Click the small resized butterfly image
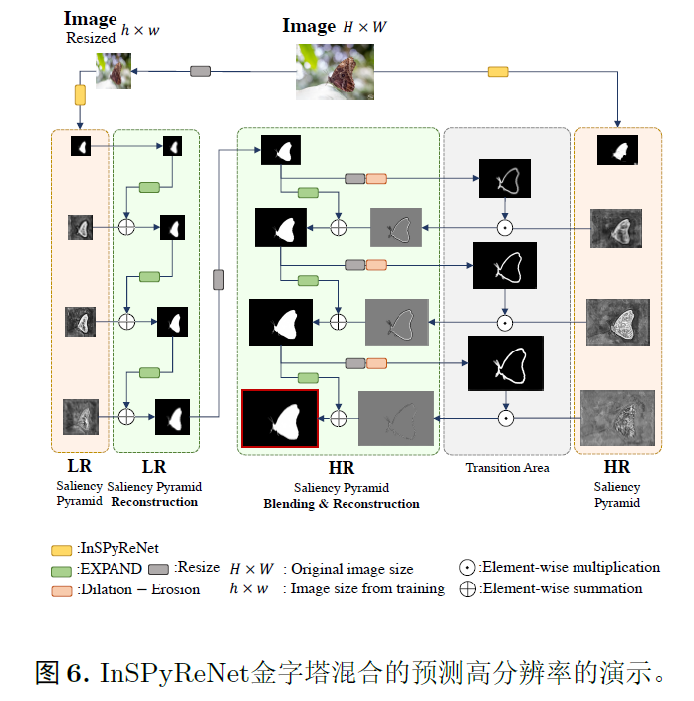click(114, 71)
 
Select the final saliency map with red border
click(280, 418)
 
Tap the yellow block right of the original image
click(497, 72)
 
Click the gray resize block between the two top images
click(201, 71)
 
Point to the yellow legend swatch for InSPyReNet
click(62, 548)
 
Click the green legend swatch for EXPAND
click(62, 569)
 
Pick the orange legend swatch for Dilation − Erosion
click(62, 590)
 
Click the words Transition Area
click(508, 467)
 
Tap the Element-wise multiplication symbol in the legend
click(466, 568)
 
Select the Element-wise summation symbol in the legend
click(466, 588)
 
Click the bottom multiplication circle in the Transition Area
click(505, 419)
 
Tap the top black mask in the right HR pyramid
click(617, 150)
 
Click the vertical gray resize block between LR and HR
click(219, 280)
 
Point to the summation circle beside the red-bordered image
click(339, 418)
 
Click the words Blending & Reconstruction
click(342, 504)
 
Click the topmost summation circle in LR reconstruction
click(126, 227)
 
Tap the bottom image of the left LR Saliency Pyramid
click(81, 417)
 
